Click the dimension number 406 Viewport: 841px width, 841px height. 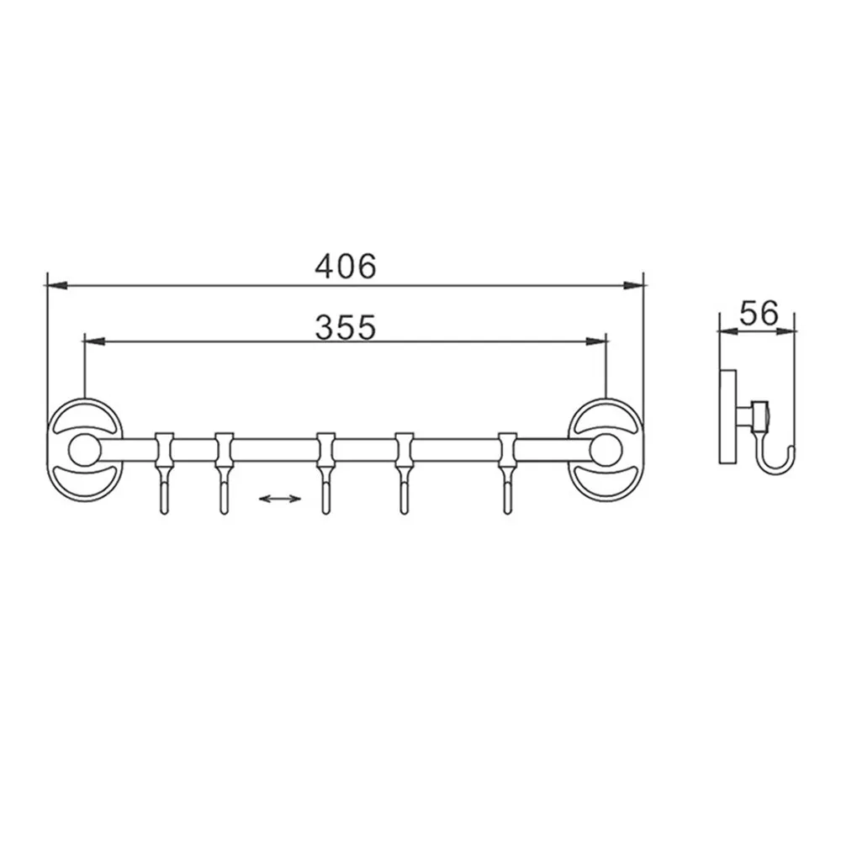tap(346, 266)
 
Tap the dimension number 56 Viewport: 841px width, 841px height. tap(759, 313)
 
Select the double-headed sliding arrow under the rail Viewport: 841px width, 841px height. tap(280, 499)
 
